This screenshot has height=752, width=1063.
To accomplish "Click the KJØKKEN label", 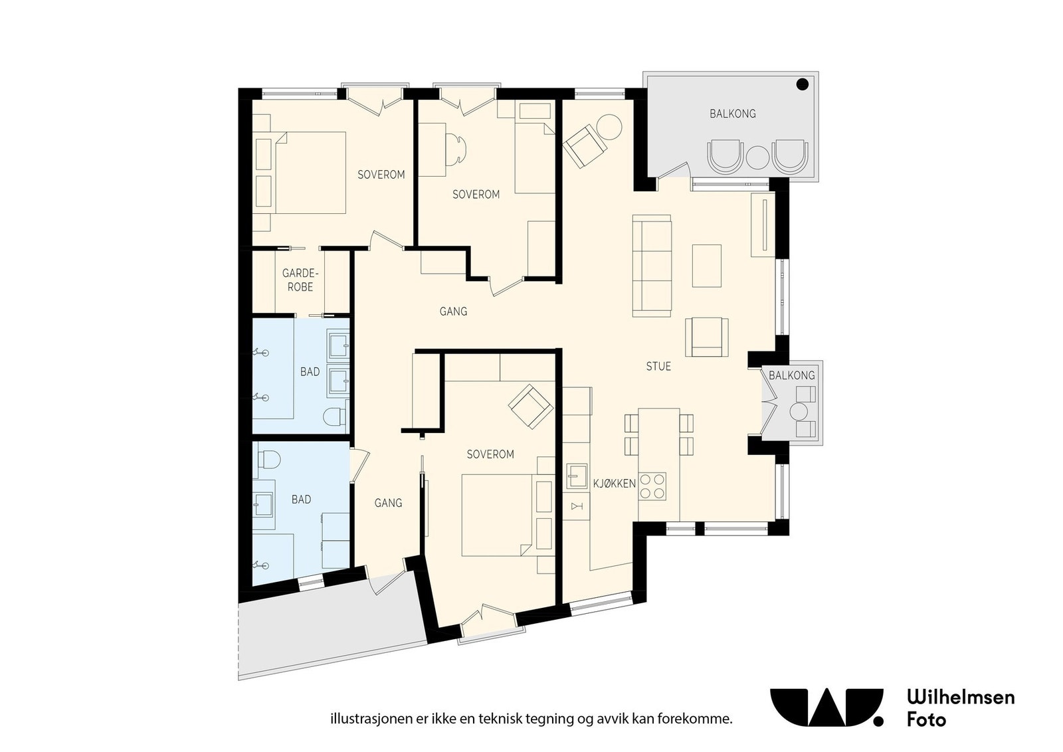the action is (x=614, y=484).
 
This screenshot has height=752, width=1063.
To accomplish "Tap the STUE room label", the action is (x=658, y=366).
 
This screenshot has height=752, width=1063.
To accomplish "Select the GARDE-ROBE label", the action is (x=300, y=280).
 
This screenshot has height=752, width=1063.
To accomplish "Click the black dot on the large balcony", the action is (x=802, y=84).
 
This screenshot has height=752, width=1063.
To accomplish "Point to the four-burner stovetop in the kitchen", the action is (x=652, y=486).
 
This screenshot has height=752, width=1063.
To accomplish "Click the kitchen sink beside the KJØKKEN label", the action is (x=577, y=476).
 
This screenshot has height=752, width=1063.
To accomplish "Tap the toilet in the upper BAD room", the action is (x=336, y=416).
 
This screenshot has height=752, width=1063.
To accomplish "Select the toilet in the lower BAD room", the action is (x=268, y=459).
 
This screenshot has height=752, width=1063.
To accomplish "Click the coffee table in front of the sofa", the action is (x=707, y=266).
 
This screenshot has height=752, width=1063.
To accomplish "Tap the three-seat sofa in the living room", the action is (x=652, y=266).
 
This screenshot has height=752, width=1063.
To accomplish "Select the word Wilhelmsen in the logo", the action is (x=961, y=697).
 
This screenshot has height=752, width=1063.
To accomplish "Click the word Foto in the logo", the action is (x=926, y=719).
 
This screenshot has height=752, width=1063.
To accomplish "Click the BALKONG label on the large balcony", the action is (x=733, y=114).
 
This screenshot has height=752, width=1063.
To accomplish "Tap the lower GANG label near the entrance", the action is (x=388, y=503).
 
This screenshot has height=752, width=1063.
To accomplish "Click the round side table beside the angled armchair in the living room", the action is (x=608, y=127).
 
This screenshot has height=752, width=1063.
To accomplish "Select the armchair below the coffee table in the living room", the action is (x=707, y=337).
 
